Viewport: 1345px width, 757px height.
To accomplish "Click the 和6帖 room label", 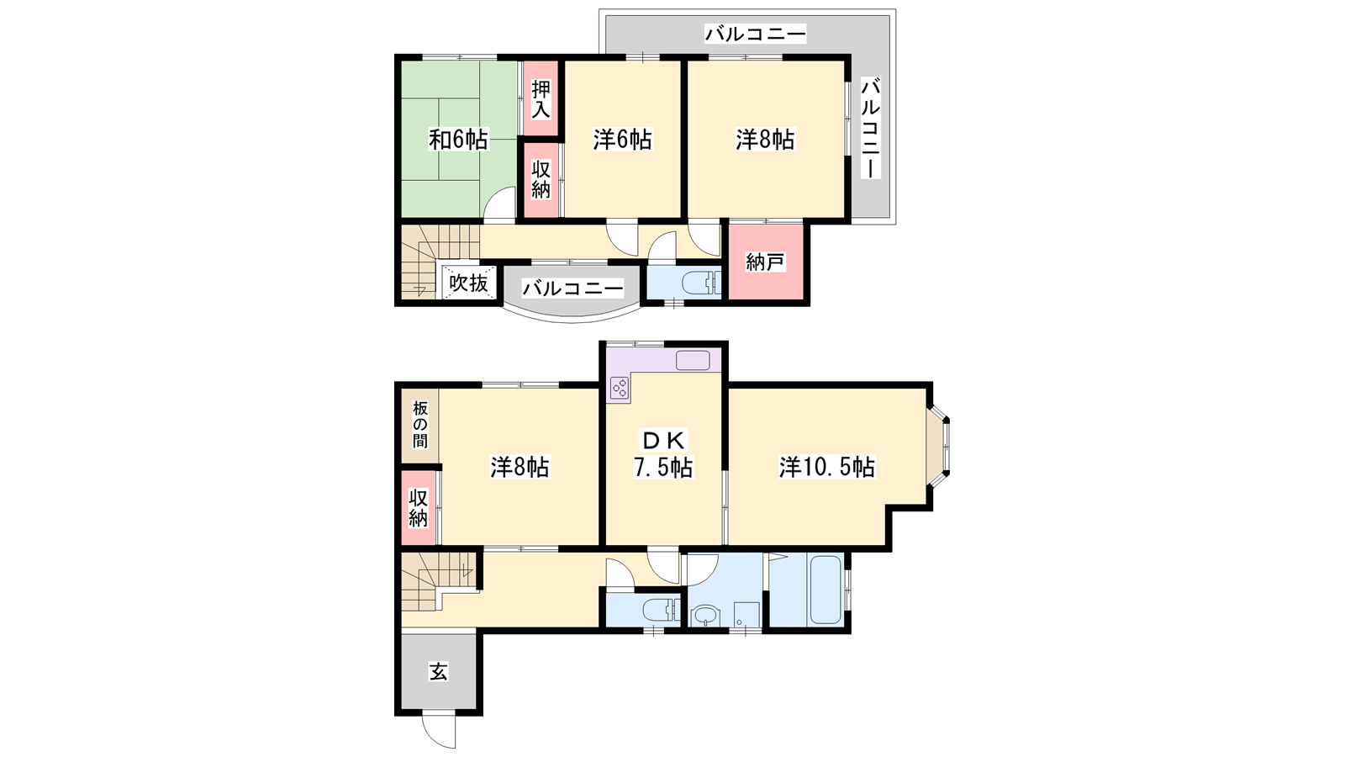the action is [458, 140].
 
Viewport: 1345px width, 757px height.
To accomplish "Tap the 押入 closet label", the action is [541, 100].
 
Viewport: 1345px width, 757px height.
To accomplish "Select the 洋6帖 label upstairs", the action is [622, 140].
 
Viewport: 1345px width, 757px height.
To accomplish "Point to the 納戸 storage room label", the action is [765, 262].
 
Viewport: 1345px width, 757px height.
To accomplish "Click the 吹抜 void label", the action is [468, 283].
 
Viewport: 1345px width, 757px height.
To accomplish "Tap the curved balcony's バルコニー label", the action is [572, 289].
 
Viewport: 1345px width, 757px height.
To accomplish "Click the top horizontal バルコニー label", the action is [756, 34].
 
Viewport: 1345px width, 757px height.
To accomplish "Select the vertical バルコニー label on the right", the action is [870, 128].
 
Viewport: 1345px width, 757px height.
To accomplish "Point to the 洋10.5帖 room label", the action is [827, 467].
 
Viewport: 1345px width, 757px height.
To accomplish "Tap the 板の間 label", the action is [419, 426].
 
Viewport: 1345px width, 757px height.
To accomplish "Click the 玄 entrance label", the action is [438, 671].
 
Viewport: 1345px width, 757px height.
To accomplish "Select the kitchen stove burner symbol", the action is [620, 388].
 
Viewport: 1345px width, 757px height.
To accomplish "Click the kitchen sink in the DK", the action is [694, 361].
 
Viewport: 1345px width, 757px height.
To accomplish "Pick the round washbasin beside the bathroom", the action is [704, 616].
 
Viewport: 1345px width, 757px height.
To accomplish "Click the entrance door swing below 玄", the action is [438, 731].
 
